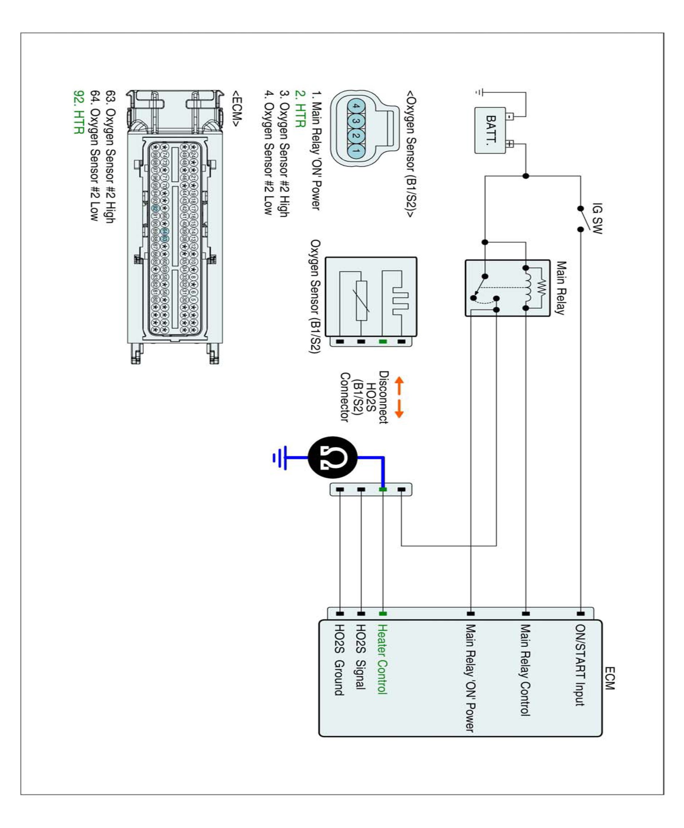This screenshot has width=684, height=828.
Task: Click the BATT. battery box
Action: (x=490, y=130)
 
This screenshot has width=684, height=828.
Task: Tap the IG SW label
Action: (x=597, y=219)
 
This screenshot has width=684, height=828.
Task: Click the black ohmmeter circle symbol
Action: (x=332, y=457)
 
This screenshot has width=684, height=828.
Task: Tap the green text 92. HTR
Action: (x=79, y=112)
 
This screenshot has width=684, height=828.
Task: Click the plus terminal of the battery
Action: (x=510, y=144)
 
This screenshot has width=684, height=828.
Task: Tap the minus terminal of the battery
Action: (x=510, y=117)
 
